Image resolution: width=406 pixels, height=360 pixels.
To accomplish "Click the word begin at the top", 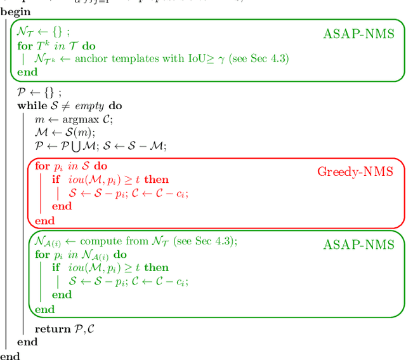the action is (x=15, y=11).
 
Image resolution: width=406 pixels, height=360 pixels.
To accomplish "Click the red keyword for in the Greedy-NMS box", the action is (x=42, y=166).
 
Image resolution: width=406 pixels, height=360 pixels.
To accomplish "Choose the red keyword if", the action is (x=56, y=180).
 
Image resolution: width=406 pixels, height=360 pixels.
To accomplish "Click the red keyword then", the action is (x=156, y=180).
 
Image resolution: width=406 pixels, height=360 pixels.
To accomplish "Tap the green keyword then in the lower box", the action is (x=156, y=267).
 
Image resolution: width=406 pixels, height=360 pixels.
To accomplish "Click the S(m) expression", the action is (x=80, y=132).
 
